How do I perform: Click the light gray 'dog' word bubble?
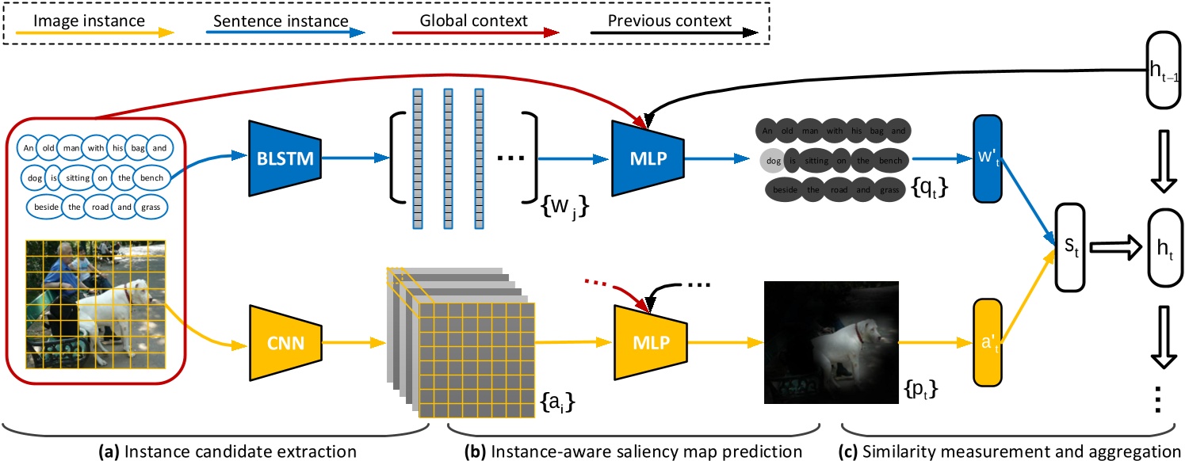[x=774, y=160]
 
